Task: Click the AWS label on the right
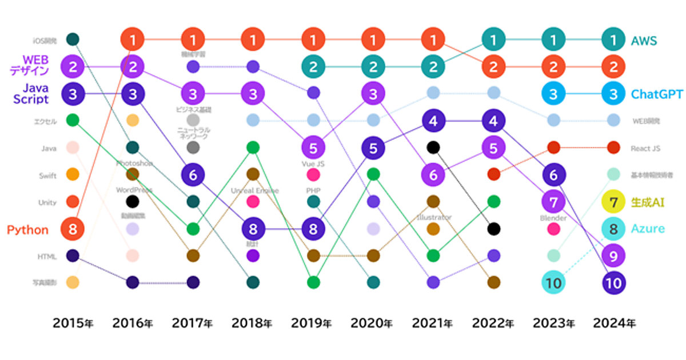coord(644,41)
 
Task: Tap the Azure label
coord(648,229)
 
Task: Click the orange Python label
coord(27,230)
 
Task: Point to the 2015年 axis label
coord(73,323)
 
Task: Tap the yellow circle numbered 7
coord(613,202)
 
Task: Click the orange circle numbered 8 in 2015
coord(73,229)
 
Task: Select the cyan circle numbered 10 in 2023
coord(553,282)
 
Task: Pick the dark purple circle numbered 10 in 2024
coord(613,282)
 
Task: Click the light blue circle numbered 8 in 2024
coord(613,229)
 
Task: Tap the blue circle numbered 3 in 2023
coord(553,94)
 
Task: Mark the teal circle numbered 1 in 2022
coord(493,40)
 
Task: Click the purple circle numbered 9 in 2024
coord(613,255)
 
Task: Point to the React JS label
coord(646,149)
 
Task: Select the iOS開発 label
coord(44,41)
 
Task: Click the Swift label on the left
coord(47,175)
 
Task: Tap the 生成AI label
coord(647,202)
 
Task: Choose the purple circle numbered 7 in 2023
coord(553,202)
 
